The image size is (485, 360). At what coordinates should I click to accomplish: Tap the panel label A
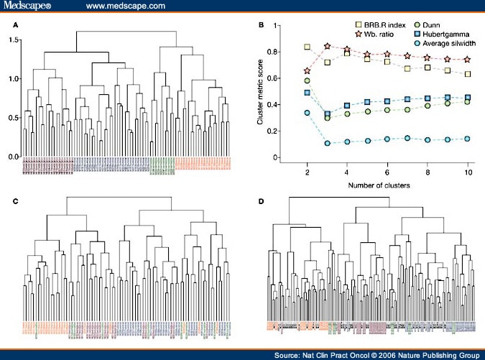pyautogui.click(x=17, y=24)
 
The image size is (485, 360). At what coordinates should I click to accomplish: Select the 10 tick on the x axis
pyautogui.click(x=469, y=172)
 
